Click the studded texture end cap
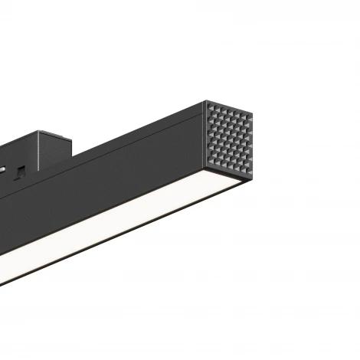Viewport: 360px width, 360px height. coord(230,138)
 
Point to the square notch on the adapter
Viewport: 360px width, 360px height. coord(24,169)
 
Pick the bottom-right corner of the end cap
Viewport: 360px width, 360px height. coord(254,174)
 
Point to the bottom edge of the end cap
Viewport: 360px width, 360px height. coord(231,178)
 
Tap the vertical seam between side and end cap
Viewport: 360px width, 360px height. coord(205,142)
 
